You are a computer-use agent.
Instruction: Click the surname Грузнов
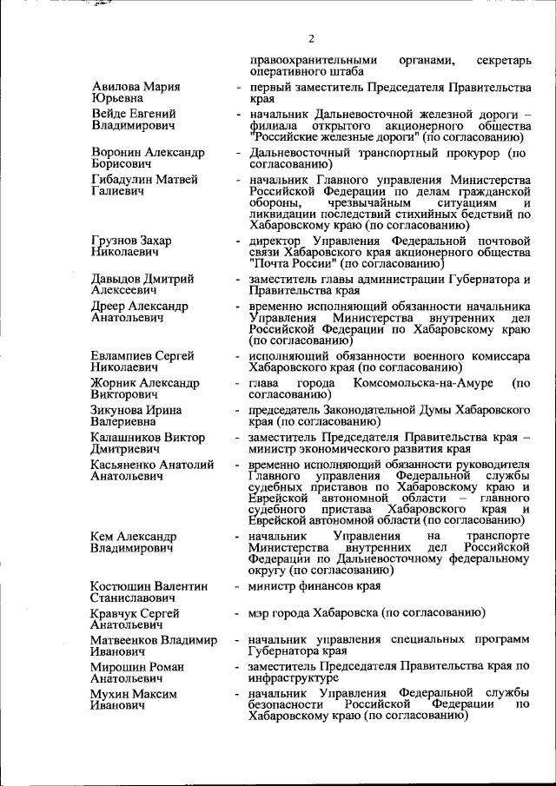pos(116,240)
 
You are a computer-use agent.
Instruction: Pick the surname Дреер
pos(108,307)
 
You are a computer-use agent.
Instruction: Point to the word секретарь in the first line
pos(502,60)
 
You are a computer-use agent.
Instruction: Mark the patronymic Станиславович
pos(131,598)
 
